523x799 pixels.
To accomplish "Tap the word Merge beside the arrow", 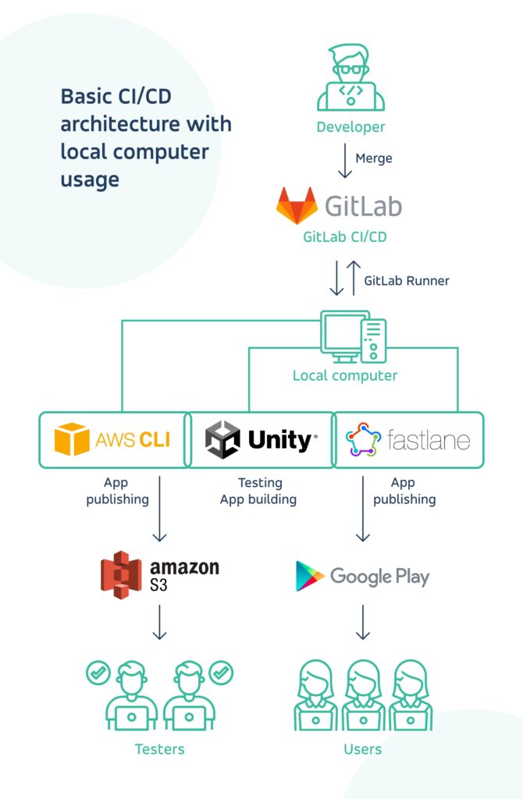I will (374, 158).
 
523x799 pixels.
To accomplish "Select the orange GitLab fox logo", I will (297, 206).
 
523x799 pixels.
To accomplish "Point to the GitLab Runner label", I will (407, 280).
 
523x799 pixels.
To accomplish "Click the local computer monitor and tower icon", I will (354, 336).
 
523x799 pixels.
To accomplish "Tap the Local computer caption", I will (345, 375).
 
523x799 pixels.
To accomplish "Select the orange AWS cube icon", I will (72, 440).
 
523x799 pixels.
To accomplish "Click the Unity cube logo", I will (222, 440).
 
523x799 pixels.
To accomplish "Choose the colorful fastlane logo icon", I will (362, 440).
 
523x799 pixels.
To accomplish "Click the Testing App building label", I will (260, 492).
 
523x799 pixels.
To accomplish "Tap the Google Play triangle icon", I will (310, 576).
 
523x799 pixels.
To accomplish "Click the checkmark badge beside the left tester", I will (98, 671).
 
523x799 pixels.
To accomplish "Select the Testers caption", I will (160, 749).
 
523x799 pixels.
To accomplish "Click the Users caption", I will (363, 749).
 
